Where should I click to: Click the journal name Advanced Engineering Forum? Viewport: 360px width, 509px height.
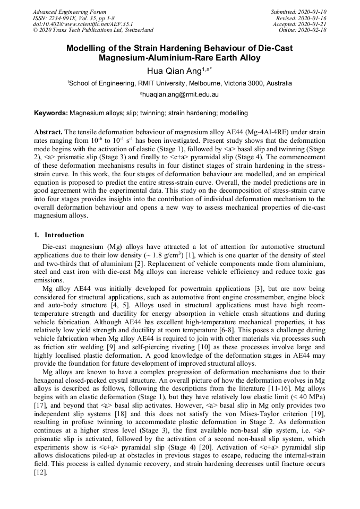(69, 12)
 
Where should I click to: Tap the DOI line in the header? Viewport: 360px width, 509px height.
(83, 24)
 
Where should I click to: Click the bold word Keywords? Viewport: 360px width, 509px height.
(50, 113)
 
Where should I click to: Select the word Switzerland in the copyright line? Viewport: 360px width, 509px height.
(135, 30)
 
